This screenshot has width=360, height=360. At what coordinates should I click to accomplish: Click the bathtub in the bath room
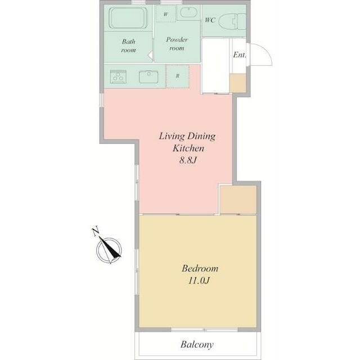pyautogui.click(x=128, y=18)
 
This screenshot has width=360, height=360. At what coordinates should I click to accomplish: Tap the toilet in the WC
pyautogui.click(x=232, y=21)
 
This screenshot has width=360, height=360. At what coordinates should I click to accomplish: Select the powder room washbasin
pyautogui.click(x=188, y=12)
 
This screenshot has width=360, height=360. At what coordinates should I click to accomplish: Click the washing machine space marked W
pyautogui.click(x=166, y=13)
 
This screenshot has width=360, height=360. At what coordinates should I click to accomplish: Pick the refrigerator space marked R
pyautogui.click(x=178, y=76)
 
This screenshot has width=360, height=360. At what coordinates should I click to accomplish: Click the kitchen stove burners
pyautogui.click(x=118, y=76)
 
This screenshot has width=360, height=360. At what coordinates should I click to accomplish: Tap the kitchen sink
pyautogui.click(x=148, y=77)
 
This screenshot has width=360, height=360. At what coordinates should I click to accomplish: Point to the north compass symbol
pyautogui.click(x=109, y=250)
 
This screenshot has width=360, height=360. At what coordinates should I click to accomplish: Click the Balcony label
pyautogui.click(x=197, y=344)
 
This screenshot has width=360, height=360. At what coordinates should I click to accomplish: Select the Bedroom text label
pyautogui.click(x=200, y=268)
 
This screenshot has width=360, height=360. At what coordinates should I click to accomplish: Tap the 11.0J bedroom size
pyautogui.click(x=199, y=280)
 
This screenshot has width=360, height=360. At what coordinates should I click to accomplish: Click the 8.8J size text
pyautogui.click(x=188, y=160)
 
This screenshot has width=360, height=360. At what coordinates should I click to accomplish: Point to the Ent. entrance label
pyautogui.click(x=240, y=55)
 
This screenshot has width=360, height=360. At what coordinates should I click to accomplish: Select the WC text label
pyautogui.click(x=210, y=20)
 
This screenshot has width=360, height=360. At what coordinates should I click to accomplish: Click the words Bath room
pyautogui.click(x=129, y=46)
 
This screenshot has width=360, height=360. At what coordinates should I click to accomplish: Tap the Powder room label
pyautogui.click(x=177, y=44)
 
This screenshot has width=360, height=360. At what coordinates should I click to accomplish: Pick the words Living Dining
pyautogui.click(x=187, y=136)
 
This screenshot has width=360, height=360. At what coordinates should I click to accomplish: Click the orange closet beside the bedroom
pyautogui.click(x=238, y=200)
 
